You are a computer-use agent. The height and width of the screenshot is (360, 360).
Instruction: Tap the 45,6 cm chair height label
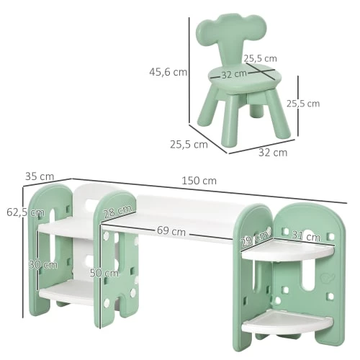(x=168, y=71)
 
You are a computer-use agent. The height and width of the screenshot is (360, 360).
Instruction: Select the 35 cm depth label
(x=39, y=176)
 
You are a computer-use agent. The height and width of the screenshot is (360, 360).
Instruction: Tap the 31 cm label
(x=305, y=237)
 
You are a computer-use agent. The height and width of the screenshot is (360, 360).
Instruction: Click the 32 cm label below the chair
(x=272, y=152)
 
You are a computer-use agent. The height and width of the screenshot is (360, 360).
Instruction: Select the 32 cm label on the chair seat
(x=234, y=73)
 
